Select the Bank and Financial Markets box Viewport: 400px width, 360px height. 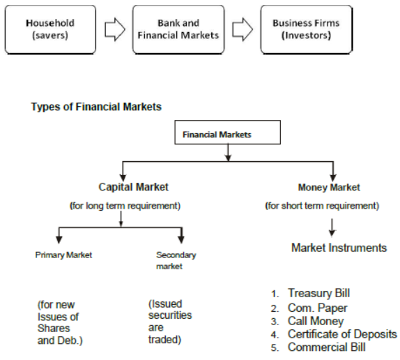(x=178, y=29)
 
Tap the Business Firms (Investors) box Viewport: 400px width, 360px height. (x=306, y=29)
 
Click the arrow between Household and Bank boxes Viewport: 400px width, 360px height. (x=115, y=29)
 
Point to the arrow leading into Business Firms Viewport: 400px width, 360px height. (x=242, y=29)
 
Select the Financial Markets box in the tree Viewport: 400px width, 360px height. (x=227, y=133)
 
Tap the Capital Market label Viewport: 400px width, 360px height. (x=133, y=187)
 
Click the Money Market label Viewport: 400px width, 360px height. (x=329, y=188)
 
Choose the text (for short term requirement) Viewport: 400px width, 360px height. (x=322, y=206)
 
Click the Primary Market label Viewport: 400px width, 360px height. (x=63, y=255)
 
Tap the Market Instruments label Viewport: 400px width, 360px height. (x=339, y=248)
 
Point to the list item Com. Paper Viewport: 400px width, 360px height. (x=317, y=308)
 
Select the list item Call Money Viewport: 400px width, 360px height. (x=316, y=321)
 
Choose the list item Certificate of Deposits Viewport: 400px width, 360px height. (x=342, y=334)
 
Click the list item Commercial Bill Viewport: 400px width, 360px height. (x=326, y=347)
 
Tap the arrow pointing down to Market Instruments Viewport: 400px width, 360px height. (x=332, y=226)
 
